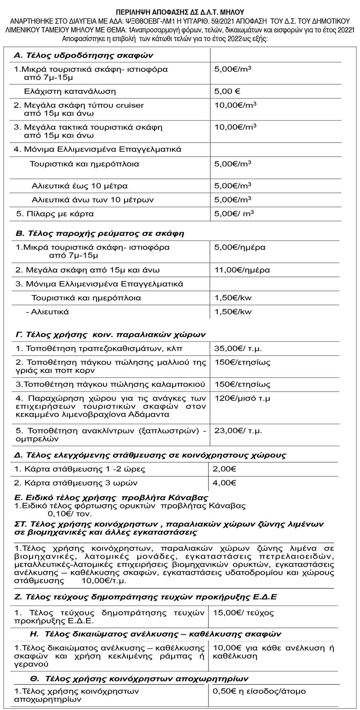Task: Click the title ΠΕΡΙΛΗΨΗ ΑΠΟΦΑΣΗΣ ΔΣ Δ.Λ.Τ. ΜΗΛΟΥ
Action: click(180, 12)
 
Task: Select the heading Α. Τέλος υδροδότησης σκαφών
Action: click(84, 55)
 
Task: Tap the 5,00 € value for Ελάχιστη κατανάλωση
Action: click(227, 91)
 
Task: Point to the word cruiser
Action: click(130, 105)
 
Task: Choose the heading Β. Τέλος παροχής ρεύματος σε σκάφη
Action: click(100, 234)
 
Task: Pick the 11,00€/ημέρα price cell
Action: click(242, 270)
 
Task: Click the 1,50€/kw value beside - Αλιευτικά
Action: click(233, 312)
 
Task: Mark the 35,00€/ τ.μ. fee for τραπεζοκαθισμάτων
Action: click(238, 349)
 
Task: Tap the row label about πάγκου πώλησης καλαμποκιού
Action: click(111, 384)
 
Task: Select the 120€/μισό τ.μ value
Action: click(242, 399)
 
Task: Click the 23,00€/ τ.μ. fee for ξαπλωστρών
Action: click(238, 431)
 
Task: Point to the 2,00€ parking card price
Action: click(224, 469)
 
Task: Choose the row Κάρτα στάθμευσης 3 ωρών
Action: click(76, 483)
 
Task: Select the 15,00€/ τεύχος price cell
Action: click(243, 613)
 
